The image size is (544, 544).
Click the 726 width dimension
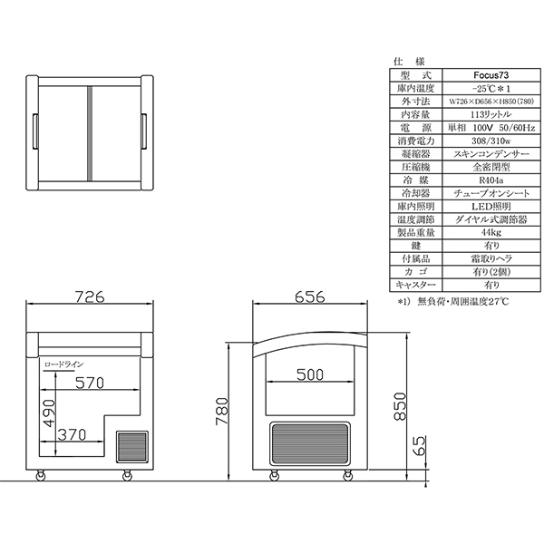point(90,297)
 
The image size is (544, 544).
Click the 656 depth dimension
point(310,297)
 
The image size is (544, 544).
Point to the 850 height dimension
point(400,406)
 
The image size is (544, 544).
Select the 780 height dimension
point(222,411)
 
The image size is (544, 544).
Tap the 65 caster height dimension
point(419,446)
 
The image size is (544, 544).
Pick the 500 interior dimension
point(310,374)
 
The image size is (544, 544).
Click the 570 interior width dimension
point(90,383)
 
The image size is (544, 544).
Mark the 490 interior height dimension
point(49,413)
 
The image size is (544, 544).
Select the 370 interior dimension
point(72,434)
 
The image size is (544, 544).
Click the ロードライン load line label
point(63,364)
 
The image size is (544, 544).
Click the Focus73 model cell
point(491,75)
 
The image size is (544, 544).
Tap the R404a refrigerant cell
point(491,180)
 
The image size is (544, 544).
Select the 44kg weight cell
point(491,232)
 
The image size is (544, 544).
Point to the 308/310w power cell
point(491,141)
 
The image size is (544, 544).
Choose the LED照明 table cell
point(491,207)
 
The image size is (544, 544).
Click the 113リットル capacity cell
point(491,114)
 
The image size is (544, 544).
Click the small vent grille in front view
point(131,447)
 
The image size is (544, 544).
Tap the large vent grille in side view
point(310,443)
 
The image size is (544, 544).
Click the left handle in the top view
point(35,131)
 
